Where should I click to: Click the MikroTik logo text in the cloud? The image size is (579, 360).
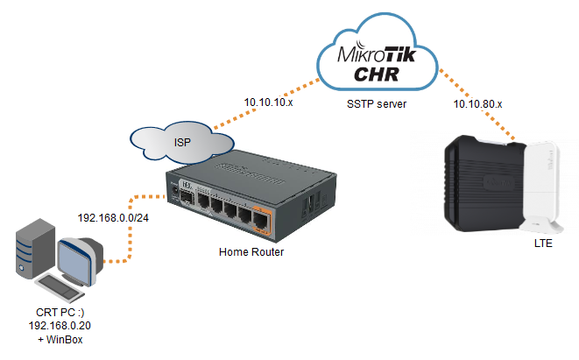coord(378,55)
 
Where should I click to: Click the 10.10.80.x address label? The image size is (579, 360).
coord(479,103)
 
